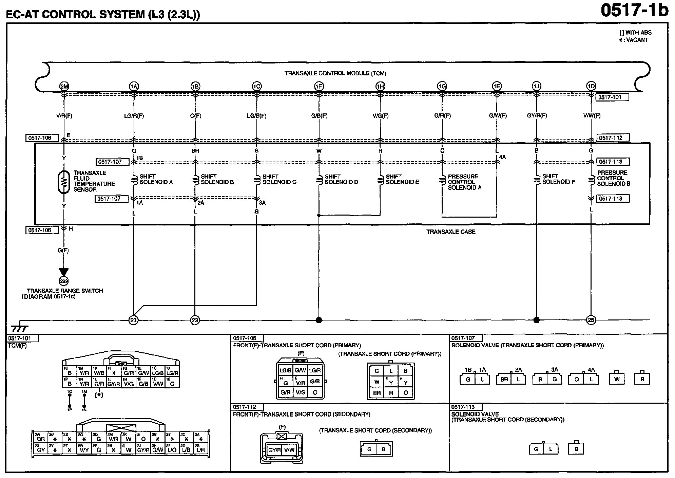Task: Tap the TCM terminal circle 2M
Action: (x=64, y=86)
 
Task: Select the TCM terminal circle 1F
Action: (x=319, y=86)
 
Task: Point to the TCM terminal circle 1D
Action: (x=591, y=86)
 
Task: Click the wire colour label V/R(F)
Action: (x=64, y=116)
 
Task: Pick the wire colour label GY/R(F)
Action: (x=537, y=116)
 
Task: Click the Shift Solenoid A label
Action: (x=156, y=179)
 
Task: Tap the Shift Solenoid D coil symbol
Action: (x=319, y=180)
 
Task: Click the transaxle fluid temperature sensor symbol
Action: (x=64, y=183)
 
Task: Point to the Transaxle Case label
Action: (x=450, y=232)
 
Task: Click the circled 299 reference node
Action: (x=64, y=281)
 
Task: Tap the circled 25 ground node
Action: (x=591, y=320)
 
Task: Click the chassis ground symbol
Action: (x=20, y=328)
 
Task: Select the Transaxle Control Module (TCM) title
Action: (x=335, y=73)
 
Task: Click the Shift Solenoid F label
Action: (x=558, y=179)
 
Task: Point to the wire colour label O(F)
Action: (x=195, y=116)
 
